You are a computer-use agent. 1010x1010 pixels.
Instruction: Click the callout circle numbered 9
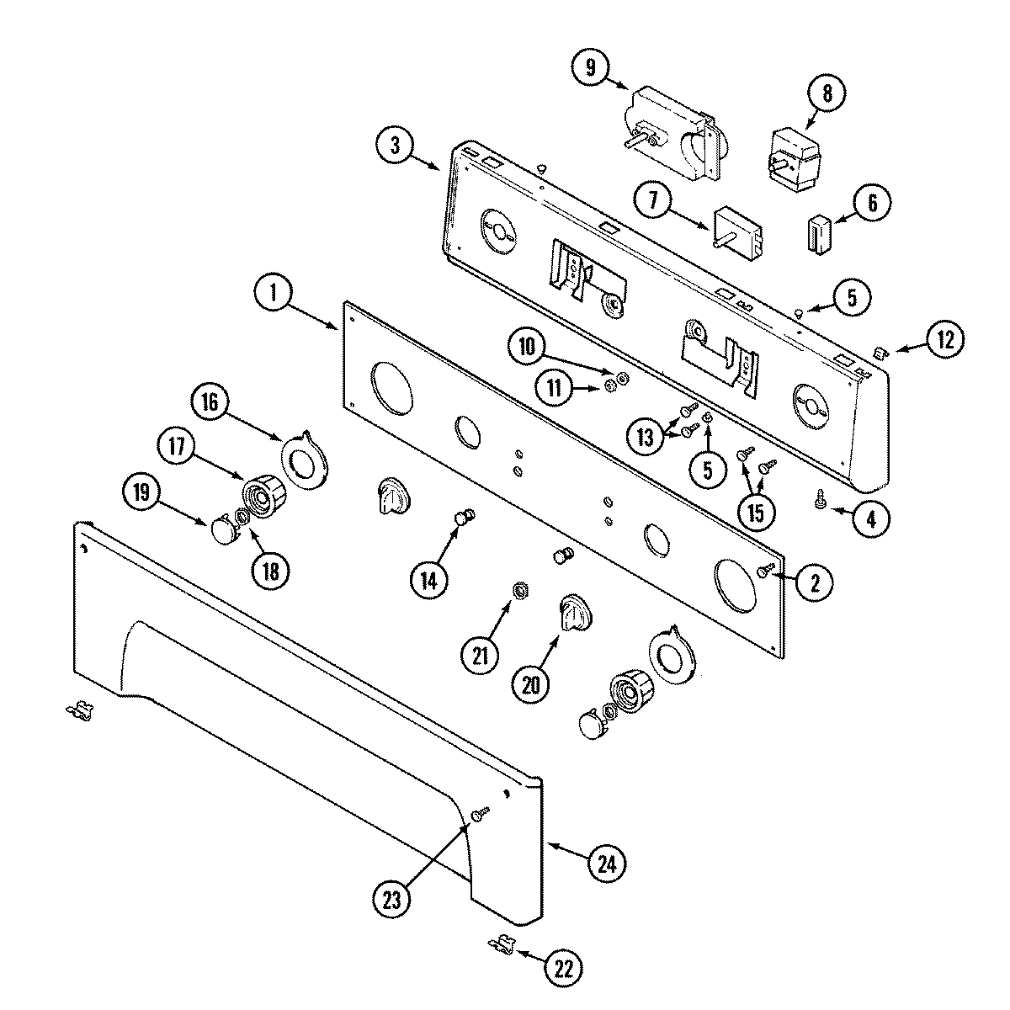click(591, 68)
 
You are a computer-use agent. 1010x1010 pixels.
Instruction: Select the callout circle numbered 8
click(827, 93)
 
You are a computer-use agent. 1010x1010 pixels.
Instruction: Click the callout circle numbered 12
click(944, 339)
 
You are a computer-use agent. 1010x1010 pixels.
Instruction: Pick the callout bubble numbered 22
click(562, 969)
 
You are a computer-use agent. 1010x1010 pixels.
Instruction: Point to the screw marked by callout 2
click(766, 571)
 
